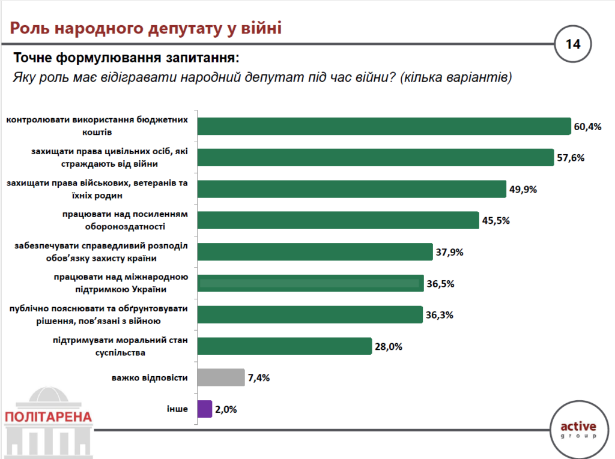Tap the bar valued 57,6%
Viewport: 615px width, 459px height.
[375, 157]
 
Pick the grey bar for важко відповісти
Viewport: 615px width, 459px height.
[220, 377]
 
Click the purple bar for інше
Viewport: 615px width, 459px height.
[204, 409]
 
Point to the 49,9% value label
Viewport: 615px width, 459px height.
[523, 189]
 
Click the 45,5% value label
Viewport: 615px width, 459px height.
[496, 220]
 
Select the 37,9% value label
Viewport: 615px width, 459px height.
[450, 252]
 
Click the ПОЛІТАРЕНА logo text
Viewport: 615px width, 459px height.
[47, 417]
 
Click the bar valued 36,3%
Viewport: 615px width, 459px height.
[309, 314]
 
